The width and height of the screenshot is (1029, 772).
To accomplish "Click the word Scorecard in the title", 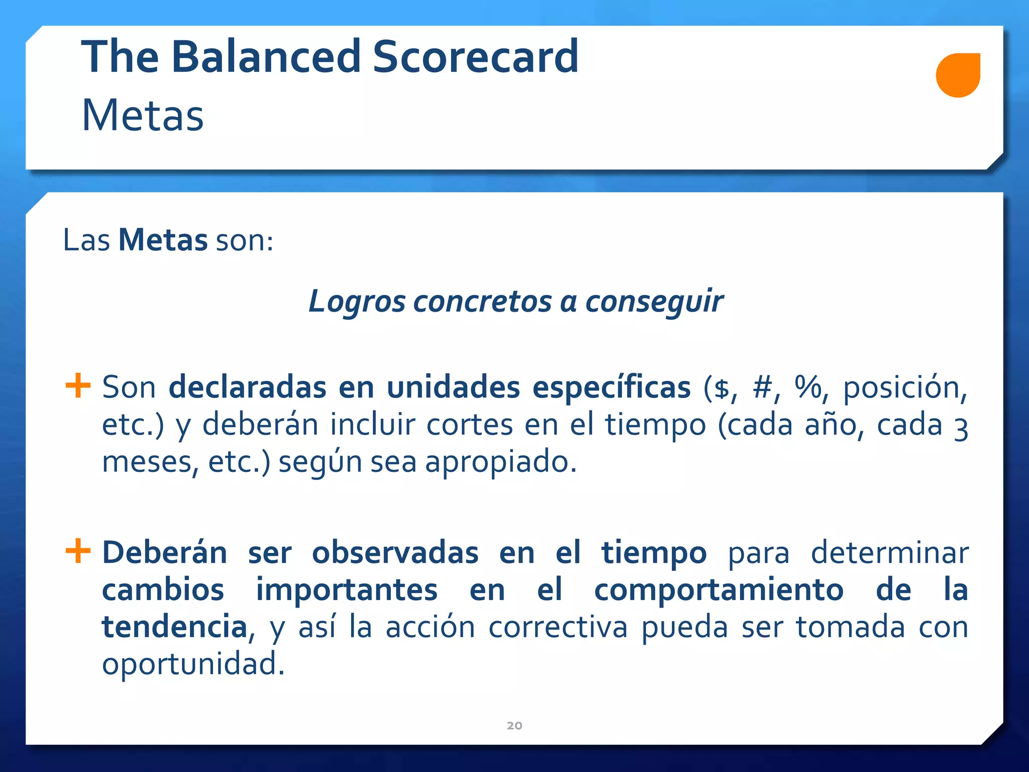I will tap(475, 56).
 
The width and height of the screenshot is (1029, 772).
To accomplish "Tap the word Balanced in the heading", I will tap(266, 56).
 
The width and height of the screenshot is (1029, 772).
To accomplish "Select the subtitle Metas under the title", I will tap(143, 116).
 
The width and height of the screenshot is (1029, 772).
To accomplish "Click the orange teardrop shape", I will tap(958, 75).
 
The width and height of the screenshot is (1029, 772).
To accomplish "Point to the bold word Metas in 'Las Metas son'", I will tap(163, 240).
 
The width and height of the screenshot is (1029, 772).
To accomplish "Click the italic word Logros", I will tap(357, 302).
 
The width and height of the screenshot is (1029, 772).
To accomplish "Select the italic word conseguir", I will tap(654, 302).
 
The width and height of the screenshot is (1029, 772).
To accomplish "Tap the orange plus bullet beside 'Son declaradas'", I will tap(78, 385).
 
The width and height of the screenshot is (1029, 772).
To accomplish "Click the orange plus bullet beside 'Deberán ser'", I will tap(78, 551).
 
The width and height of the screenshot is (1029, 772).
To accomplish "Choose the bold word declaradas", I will tap(247, 388).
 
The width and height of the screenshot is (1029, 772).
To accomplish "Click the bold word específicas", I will tap(611, 388).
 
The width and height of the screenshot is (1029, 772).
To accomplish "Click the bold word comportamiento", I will tap(718, 590).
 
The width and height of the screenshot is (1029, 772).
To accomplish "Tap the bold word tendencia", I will tap(174, 627).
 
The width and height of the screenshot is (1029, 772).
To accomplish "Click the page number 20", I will tap(514, 725).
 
